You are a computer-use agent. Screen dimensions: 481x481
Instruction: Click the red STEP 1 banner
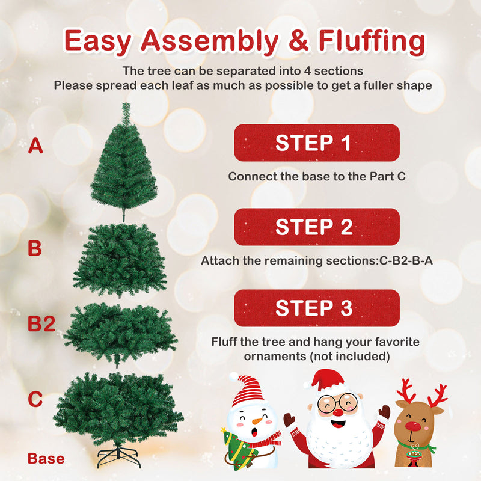click(x=316, y=142)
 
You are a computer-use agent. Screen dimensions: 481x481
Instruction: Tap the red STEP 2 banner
click(x=316, y=227)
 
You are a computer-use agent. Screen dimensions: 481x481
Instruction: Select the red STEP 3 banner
click(x=316, y=308)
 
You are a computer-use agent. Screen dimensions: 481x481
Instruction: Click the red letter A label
click(x=35, y=146)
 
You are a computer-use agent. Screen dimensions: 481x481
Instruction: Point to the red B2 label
click(x=41, y=325)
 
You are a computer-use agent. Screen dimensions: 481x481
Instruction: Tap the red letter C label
click(x=35, y=399)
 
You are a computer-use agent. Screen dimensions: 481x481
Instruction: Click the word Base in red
click(x=46, y=459)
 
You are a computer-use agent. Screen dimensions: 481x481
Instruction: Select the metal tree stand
click(x=118, y=455)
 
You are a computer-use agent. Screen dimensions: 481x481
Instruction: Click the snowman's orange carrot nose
click(x=257, y=421)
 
